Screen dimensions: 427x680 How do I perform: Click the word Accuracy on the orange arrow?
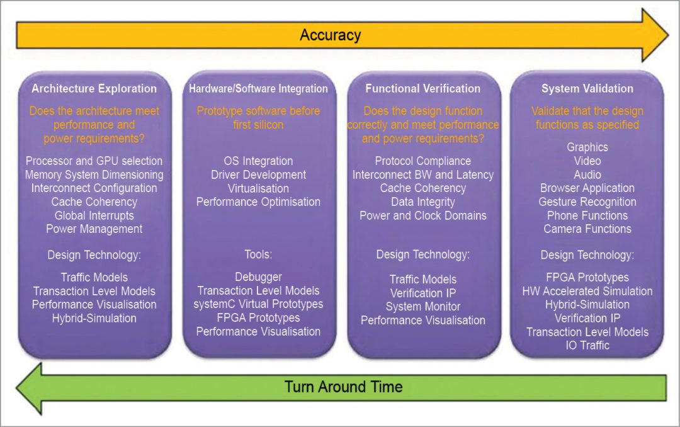(330, 35)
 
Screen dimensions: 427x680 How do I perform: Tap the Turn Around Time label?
(343, 386)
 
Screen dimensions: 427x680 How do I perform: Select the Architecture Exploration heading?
(94, 89)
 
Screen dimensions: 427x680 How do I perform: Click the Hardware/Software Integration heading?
(258, 89)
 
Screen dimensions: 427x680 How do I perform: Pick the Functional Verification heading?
(422, 89)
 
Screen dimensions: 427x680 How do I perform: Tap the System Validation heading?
(587, 89)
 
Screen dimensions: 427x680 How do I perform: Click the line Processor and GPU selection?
(94, 161)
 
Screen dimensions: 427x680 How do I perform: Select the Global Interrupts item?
(94, 215)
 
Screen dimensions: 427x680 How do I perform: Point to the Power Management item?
(94, 229)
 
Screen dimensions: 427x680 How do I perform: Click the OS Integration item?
(258, 161)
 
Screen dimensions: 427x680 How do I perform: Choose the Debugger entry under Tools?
(258, 277)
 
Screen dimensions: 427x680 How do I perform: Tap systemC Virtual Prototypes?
(258, 304)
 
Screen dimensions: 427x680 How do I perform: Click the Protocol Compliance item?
(422, 161)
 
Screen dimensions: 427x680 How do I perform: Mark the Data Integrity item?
(422, 202)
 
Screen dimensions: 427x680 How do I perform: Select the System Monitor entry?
(422, 307)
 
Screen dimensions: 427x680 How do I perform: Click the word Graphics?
(587, 147)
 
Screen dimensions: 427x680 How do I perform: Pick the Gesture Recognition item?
(587, 202)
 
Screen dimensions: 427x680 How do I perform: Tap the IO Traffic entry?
(587, 345)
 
